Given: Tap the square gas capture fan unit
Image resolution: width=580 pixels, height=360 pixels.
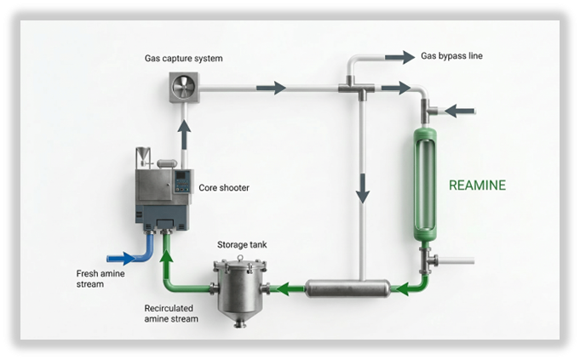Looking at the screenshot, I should (183, 88).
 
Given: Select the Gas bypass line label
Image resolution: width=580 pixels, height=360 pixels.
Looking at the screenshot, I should (452, 56).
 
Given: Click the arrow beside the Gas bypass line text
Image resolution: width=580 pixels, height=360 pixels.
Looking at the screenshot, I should (398, 57).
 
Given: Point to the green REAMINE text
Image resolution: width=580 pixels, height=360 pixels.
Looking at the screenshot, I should (478, 185).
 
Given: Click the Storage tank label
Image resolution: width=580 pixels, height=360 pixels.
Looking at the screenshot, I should (243, 245).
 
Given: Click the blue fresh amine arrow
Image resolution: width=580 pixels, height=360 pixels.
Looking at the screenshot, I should (123, 258).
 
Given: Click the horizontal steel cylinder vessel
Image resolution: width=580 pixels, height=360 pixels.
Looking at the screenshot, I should (347, 289).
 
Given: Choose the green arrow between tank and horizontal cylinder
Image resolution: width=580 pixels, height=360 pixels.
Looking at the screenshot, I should (288, 289).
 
